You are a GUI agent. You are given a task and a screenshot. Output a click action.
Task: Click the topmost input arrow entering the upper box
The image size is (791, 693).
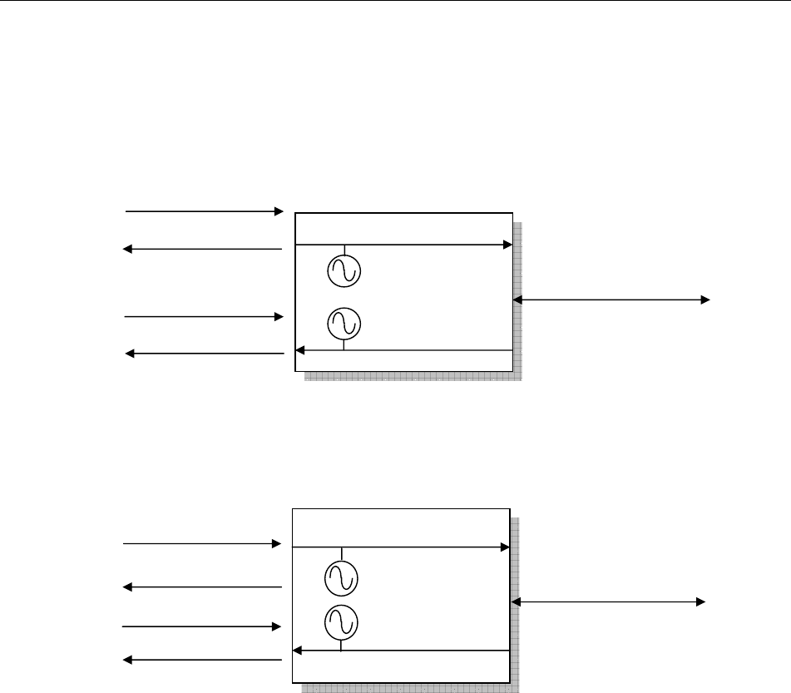[205, 211]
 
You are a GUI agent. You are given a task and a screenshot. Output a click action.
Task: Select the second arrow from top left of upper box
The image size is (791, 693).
[205, 249]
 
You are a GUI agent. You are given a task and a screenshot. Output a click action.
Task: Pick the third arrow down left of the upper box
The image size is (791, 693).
[205, 316]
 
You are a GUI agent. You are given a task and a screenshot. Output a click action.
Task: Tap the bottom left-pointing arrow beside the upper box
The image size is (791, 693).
[205, 354]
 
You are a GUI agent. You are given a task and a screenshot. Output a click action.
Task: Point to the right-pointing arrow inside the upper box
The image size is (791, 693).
[403, 245]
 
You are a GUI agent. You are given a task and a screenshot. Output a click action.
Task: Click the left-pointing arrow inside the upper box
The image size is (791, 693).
[403, 350]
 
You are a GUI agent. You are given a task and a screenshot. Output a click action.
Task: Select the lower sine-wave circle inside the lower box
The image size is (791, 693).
[341, 622]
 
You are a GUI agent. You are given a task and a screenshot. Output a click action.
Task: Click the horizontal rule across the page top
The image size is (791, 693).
[395, 2]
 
